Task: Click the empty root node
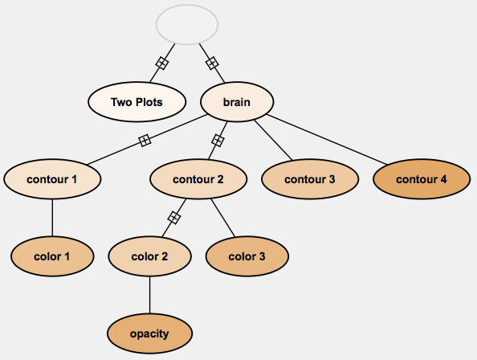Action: [187, 24]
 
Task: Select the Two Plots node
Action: [137, 102]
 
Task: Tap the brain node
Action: [237, 102]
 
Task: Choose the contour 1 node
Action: [52, 179]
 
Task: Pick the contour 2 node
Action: [198, 179]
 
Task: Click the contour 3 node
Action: [310, 179]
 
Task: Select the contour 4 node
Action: [422, 179]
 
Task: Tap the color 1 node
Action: [52, 256]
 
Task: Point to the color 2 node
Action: [149, 256]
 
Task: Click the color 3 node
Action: [247, 256]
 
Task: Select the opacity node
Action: [149, 333]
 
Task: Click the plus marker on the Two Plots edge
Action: [162, 63]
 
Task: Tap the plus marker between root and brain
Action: [212, 63]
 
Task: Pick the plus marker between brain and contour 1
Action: [145, 141]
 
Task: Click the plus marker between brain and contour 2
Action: [218, 141]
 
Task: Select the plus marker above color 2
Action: [174, 218]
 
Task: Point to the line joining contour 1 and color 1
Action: [52, 218]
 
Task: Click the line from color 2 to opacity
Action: [149, 295]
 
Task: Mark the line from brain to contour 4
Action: [327, 140]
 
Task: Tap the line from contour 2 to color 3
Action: [223, 218]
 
